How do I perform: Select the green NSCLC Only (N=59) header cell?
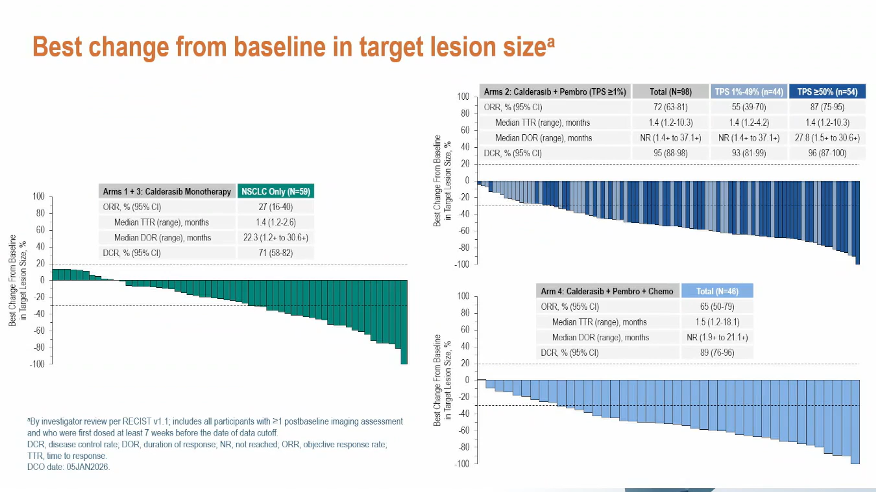275,191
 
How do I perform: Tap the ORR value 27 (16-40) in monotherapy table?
275,207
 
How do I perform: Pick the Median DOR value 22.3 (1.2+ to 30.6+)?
275,237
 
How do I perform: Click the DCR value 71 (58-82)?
275,253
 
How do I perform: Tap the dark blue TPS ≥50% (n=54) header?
827,91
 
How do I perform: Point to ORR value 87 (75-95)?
827,107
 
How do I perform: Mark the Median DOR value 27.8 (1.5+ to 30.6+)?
827,137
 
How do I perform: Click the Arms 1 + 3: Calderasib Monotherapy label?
167,191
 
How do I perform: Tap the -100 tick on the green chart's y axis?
37,364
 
